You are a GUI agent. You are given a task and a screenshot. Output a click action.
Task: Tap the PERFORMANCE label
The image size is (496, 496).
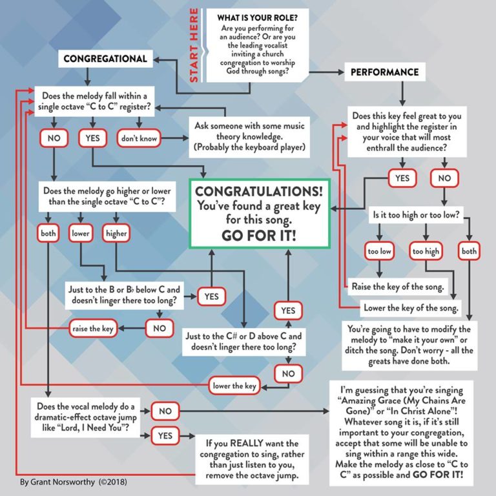coord(384,72)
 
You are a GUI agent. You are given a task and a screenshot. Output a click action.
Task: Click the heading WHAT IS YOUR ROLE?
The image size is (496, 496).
coord(253,17)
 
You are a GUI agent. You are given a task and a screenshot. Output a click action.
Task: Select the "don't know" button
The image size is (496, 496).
coord(138,138)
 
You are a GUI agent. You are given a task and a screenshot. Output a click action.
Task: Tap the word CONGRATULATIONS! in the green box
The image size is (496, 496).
coord(260,192)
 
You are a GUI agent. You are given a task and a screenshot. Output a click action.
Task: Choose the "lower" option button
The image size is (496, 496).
coord(81,233)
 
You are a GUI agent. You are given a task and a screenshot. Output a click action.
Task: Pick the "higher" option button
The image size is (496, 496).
coord(116,233)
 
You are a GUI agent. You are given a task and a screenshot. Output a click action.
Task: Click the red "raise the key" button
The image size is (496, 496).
coord(92,329)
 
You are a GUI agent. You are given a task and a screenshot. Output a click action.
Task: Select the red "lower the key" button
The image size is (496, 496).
coord(235,386)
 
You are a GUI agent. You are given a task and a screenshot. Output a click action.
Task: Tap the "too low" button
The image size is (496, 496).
coord(380,251)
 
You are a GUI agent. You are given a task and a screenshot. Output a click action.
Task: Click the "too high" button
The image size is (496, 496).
coord(426,251)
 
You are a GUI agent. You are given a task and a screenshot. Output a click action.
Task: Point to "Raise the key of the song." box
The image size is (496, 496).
coord(397,286)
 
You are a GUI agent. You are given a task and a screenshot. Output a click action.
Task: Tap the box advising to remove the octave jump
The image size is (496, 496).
coord(252,460)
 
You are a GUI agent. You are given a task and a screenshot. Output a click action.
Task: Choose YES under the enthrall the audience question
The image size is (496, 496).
coord(402,178)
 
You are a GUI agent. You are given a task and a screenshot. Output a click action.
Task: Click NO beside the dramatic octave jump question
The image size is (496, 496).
coord(165,411)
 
